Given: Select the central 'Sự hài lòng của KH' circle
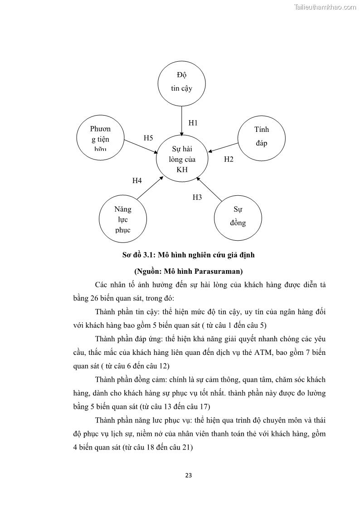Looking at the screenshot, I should point(182,159).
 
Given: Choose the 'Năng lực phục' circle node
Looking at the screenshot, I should point(122,219).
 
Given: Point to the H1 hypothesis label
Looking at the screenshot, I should point(193,123).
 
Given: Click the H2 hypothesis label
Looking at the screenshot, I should point(229,159).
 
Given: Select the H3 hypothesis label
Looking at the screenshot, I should point(197,197).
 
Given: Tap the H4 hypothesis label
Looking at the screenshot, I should point(137,181).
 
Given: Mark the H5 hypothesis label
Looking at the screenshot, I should point(148,138).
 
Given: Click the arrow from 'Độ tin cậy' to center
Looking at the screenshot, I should point(181,120).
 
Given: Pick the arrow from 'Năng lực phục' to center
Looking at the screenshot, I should point(150,188).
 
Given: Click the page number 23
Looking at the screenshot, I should point(189,475).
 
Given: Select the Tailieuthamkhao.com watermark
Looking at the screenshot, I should point(325,7).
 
